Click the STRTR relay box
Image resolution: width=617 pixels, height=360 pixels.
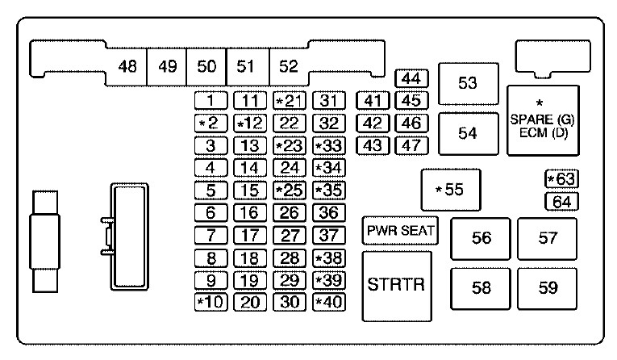397,286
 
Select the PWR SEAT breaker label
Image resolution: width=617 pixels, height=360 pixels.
400,230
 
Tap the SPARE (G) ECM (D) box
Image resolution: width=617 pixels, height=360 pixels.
543,120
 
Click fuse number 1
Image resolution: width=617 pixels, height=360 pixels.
211,100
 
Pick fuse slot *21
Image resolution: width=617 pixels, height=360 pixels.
290,100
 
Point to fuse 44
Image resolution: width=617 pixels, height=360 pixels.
411,78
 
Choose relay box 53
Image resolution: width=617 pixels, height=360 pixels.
469,83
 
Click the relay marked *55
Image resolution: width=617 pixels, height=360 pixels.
451,190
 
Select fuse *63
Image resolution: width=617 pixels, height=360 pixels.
561,179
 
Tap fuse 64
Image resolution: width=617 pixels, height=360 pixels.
561,202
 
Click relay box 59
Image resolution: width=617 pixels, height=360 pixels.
548,288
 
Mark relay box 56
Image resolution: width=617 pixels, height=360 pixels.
481,239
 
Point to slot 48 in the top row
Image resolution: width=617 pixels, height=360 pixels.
127,66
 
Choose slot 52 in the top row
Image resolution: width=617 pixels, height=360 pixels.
289,66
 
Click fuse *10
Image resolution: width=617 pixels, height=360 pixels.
211,302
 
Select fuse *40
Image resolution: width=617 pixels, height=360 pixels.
329,302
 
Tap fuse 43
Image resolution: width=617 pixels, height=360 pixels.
373,145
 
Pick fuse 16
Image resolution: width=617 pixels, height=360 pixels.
250,213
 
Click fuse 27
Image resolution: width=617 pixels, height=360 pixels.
290,235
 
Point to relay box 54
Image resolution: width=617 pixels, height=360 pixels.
469,133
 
